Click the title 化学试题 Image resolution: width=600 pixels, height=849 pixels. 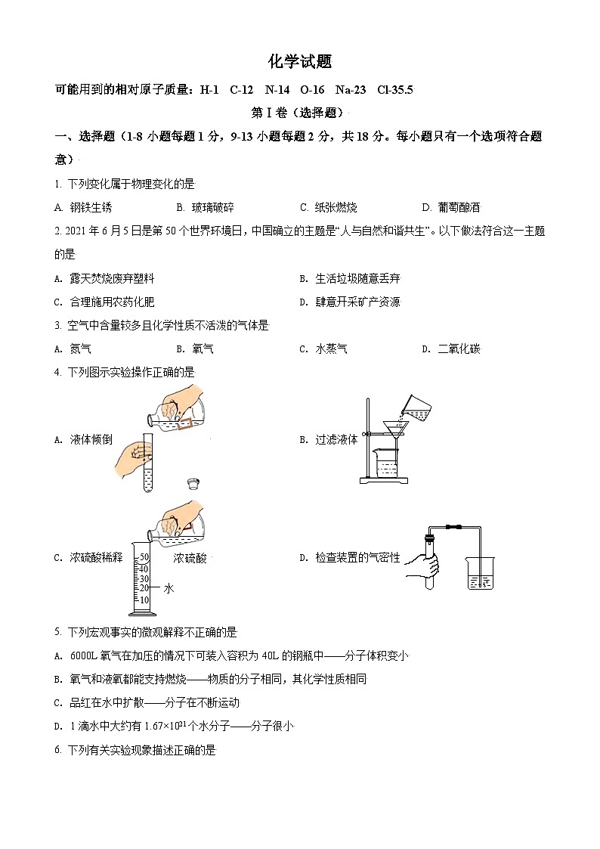point(300,62)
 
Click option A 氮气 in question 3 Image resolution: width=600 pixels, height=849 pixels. point(80,349)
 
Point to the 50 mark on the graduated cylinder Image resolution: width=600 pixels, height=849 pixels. point(144,557)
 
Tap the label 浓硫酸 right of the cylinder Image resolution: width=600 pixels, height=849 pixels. point(190,558)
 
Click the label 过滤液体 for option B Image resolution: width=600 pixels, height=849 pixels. point(336,439)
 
